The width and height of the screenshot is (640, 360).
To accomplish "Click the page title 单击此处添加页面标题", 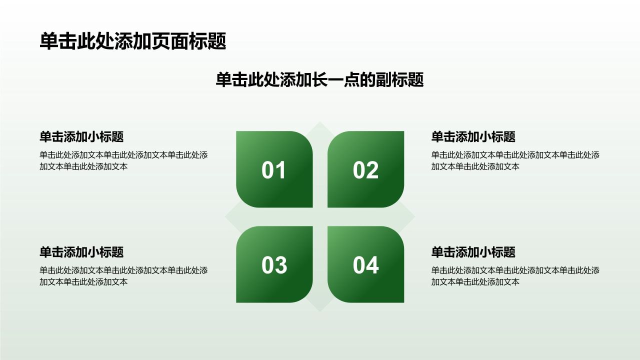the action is click(x=133, y=41).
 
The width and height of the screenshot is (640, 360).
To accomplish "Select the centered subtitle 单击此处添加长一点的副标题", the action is click(x=319, y=79).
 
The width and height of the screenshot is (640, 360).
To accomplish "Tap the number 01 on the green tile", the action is click(x=273, y=170).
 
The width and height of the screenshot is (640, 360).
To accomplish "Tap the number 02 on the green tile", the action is click(x=365, y=170).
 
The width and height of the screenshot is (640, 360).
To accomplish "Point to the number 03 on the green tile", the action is click(x=274, y=265).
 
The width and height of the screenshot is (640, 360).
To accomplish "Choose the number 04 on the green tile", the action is click(x=365, y=265).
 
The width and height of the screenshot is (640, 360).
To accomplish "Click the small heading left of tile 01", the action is click(x=81, y=137).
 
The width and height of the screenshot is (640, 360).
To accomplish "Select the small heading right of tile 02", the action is click(x=473, y=137).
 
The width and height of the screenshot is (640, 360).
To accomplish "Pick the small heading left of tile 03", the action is click(x=81, y=252).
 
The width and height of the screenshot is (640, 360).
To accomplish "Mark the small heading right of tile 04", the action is click(x=473, y=252).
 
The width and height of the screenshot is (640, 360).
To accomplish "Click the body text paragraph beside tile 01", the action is click(x=123, y=161).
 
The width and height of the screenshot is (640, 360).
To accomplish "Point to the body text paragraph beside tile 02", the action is click(x=515, y=161).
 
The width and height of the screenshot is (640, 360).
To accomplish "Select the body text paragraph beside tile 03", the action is click(x=123, y=276).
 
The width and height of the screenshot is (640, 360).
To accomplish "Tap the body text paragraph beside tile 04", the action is click(x=515, y=276).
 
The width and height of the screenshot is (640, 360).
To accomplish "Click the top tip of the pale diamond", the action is click(x=319, y=121).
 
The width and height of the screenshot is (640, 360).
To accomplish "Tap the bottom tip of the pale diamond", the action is click(x=319, y=311).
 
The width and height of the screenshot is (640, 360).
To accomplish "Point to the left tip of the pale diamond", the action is click(x=225, y=216).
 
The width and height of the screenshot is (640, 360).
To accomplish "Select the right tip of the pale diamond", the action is click(x=415, y=216).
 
